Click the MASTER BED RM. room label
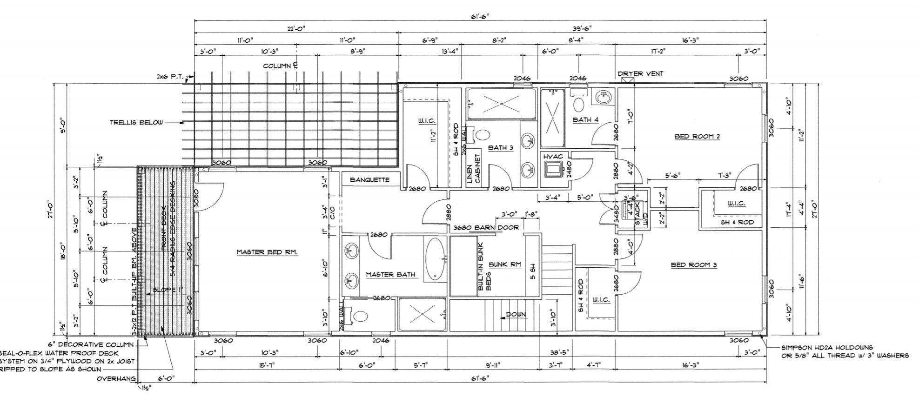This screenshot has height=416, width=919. pos(267,252)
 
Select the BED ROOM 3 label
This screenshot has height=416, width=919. pos(693,265)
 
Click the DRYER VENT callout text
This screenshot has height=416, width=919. pos(640,73)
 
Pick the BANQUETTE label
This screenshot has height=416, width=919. pos(369,179)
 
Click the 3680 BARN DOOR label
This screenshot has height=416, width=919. pos(486,228)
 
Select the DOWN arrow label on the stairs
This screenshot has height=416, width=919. pos(516,315)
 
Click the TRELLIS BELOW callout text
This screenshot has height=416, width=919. pos(136,123)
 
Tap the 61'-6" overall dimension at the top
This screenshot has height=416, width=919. pos(480,16)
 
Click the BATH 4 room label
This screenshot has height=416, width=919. pos(585,120)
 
